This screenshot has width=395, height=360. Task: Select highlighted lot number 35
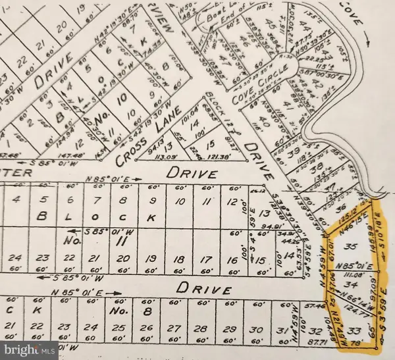click(x=350, y=245)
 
